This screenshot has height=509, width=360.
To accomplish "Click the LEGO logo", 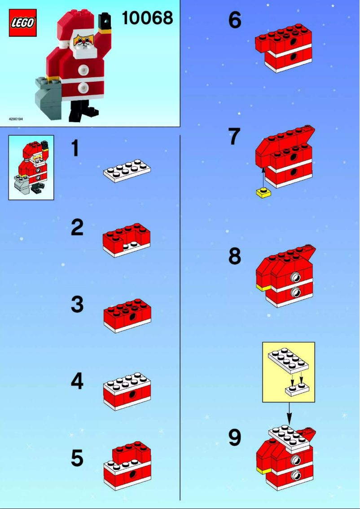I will (x=22, y=23).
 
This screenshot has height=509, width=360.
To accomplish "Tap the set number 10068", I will (x=147, y=18).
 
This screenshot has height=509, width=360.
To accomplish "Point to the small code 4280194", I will (x=16, y=119).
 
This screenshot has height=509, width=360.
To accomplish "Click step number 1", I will (x=77, y=149).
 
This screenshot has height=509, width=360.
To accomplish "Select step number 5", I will (x=77, y=458).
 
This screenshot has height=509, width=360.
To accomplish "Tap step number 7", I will (x=234, y=137).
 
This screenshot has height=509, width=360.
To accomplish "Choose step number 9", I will (x=235, y=438).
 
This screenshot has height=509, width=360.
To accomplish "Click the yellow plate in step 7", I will (x=263, y=193).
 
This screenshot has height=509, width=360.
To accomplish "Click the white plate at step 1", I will (x=127, y=171).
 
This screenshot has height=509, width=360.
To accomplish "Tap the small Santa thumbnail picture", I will (x=31, y=167).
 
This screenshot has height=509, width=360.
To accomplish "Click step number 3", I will (x=77, y=305).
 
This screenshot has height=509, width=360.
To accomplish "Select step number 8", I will (x=235, y=257).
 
